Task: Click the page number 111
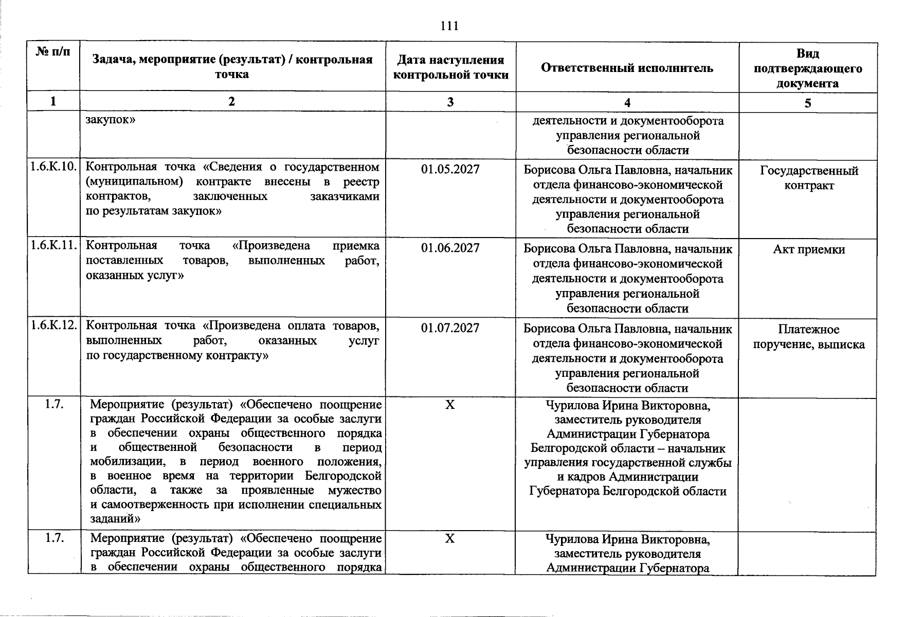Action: click(449, 26)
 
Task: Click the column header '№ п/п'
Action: click(53, 52)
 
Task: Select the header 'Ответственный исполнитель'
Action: click(627, 68)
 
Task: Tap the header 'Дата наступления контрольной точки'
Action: click(450, 68)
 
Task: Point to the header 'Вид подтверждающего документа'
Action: click(807, 68)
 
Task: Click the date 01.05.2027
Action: click(450, 169)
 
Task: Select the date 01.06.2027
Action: click(450, 248)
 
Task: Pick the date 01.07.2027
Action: click(450, 328)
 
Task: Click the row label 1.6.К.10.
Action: click(53, 167)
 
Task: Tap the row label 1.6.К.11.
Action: click(53, 246)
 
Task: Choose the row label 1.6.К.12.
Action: click(53, 325)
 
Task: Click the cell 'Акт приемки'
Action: click(809, 250)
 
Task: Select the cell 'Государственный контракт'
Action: click(809, 178)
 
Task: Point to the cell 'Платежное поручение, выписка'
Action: click(809, 337)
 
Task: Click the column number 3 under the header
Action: click(450, 102)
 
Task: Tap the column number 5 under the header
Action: click(808, 103)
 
